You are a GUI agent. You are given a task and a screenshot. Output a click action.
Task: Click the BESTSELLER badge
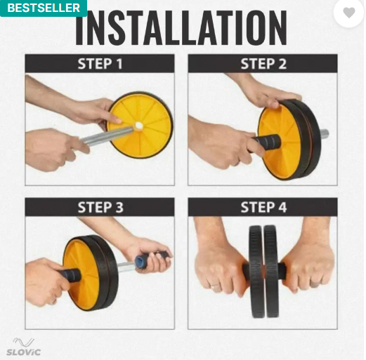click(44, 8)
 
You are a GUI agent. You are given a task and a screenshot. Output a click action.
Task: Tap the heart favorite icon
click(349, 13)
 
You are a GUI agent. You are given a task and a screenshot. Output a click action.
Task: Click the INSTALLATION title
click(181, 27)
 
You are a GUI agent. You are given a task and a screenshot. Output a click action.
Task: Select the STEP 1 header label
click(100, 64)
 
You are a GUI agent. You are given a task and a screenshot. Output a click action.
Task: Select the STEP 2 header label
click(263, 64)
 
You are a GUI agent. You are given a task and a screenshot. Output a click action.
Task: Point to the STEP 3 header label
click(100, 207)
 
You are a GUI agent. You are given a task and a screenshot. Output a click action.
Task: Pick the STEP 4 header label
click(263, 207)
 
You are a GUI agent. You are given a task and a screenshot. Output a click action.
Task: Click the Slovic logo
click(23, 347)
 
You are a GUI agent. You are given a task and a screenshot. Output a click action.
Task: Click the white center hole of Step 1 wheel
click(139, 126)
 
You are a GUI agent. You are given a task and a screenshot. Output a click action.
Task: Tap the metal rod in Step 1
click(107, 136)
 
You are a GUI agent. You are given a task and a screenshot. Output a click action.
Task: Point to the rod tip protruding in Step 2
click(325, 134)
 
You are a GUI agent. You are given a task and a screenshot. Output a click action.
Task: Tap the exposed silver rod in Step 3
click(126, 267)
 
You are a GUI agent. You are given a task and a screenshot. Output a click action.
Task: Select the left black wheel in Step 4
click(256, 272)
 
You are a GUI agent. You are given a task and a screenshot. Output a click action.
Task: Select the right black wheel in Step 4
click(272, 272)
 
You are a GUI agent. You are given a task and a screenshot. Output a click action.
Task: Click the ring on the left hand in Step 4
click(216, 286)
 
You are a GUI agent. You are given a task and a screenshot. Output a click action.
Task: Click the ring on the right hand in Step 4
click(315, 285)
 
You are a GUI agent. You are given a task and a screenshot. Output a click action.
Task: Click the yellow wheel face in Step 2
click(279, 142)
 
